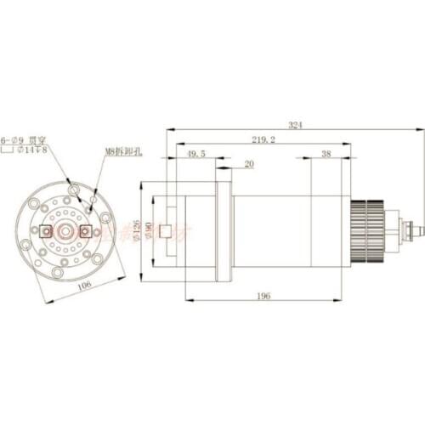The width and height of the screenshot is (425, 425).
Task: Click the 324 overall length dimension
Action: pyautogui.click(x=295, y=125)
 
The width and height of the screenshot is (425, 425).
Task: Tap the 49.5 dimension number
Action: pyautogui.click(x=195, y=154)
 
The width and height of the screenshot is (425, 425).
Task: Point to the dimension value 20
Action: pyautogui.click(x=249, y=164)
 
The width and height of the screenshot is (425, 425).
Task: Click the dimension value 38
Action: pyautogui.click(x=326, y=154)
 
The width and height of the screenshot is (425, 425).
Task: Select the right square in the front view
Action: pyautogui.click(x=84, y=230)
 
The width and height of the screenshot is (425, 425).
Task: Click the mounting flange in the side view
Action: pyautogui.click(x=224, y=226)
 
